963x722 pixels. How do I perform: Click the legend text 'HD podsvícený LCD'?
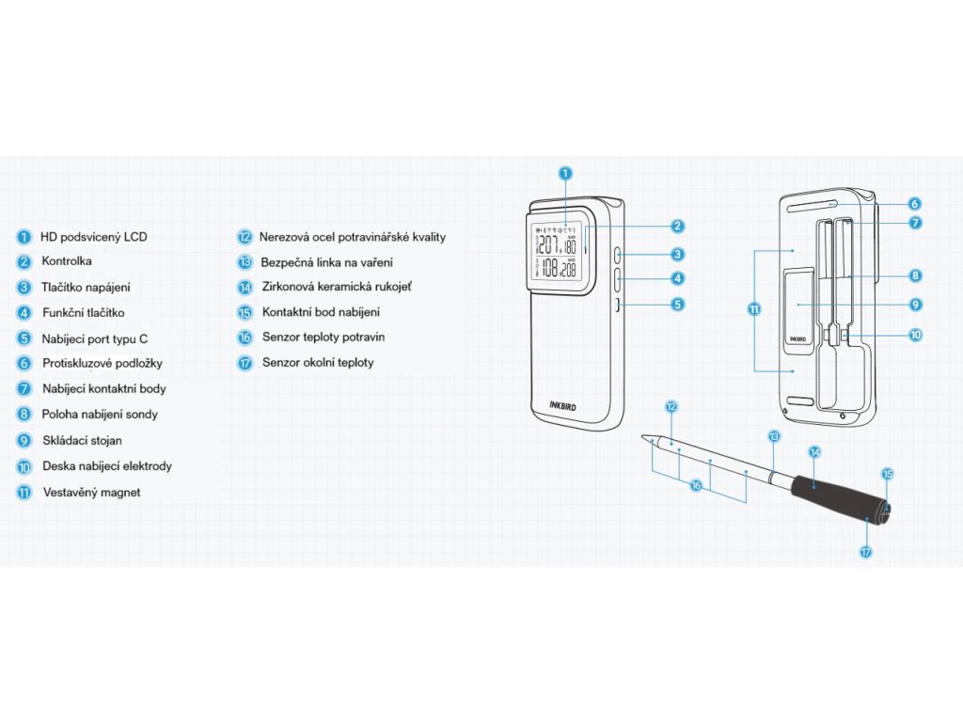click(93, 237)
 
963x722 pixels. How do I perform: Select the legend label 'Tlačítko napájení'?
click(87, 288)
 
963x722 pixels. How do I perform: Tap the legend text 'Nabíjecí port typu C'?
click(95, 337)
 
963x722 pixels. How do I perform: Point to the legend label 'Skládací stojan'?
click(82, 440)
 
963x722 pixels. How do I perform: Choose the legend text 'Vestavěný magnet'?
click(92, 492)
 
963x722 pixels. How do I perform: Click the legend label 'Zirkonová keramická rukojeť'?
click(337, 287)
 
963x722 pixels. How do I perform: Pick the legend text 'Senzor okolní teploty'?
click(318, 362)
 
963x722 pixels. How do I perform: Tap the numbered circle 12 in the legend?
click(245, 237)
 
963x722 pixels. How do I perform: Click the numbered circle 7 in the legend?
click(24, 388)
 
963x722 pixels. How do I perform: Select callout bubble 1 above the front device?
click(565, 173)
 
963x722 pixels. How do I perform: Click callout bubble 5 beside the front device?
click(677, 305)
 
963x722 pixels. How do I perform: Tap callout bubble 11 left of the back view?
click(754, 308)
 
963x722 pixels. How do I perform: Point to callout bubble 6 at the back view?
click(915, 203)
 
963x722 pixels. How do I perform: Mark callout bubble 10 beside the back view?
click(915, 334)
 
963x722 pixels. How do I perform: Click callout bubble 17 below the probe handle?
click(866, 552)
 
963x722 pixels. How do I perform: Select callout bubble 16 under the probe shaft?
click(696, 485)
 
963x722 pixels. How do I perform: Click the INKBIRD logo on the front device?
click(566, 406)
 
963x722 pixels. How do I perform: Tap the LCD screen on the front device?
click(557, 254)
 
